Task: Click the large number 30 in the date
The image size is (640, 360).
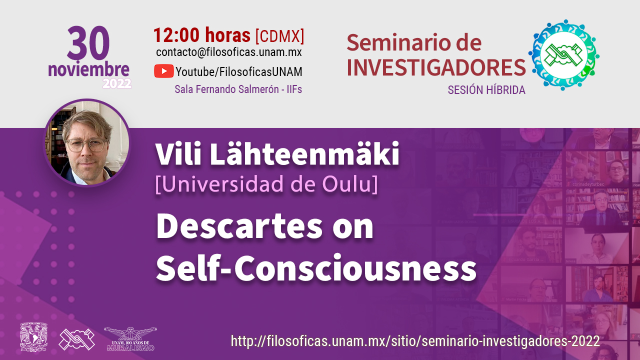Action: tap(88, 43)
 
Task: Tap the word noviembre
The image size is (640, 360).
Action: tap(88, 69)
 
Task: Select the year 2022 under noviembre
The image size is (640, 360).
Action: tap(117, 83)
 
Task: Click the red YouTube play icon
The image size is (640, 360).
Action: tap(163, 71)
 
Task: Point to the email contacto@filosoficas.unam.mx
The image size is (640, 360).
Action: tap(229, 52)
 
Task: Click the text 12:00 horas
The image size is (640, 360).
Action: tap(202, 35)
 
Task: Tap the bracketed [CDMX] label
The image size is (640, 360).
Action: tap(279, 36)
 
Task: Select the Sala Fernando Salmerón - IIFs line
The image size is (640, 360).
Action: tap(238, 89)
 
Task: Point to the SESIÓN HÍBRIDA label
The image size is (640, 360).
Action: tap(486, 90)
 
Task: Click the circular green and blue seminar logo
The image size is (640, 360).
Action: tap(563, 54)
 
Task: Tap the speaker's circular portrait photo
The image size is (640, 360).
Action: tap(87, 142)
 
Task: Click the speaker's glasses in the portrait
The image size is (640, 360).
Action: tap(85, 145)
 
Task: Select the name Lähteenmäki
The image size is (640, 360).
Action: tap(304, 153)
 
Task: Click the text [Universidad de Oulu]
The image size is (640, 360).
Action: tap(266, 184)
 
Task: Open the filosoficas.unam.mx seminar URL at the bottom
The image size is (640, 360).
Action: tap(415, 341)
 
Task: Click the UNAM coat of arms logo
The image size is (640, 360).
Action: tap(33, 337)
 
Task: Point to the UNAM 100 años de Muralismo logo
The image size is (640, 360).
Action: tap(130, 339)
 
